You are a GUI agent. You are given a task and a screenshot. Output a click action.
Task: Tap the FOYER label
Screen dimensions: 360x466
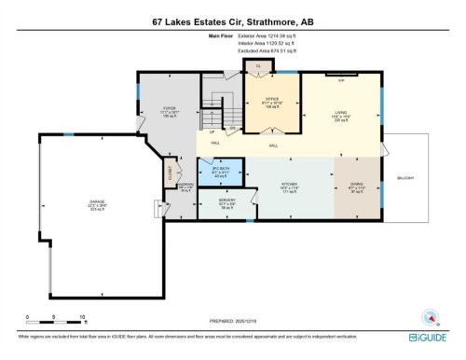(x=170, y=108)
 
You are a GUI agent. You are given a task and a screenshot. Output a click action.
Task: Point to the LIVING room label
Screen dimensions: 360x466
(x=341, y=112)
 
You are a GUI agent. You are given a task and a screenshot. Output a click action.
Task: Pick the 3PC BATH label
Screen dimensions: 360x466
(x=220, y=167)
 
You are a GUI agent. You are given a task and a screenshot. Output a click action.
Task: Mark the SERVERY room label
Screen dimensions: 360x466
(x=226, y=200)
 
